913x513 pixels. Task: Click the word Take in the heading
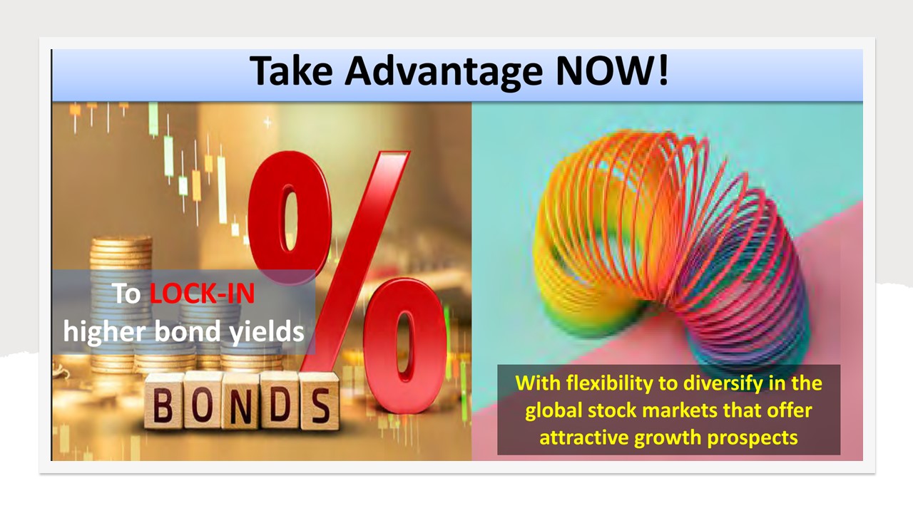click(x=291, y=71)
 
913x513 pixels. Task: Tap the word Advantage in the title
click(x=444, y=73)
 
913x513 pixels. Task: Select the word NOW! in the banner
click(x=612, y=71)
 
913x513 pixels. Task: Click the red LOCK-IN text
click(x=202, y=293)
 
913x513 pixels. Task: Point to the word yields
click(x=267, y=332)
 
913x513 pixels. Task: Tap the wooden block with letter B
click(x=163, y=401)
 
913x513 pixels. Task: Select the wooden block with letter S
click(x=320, y=402)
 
